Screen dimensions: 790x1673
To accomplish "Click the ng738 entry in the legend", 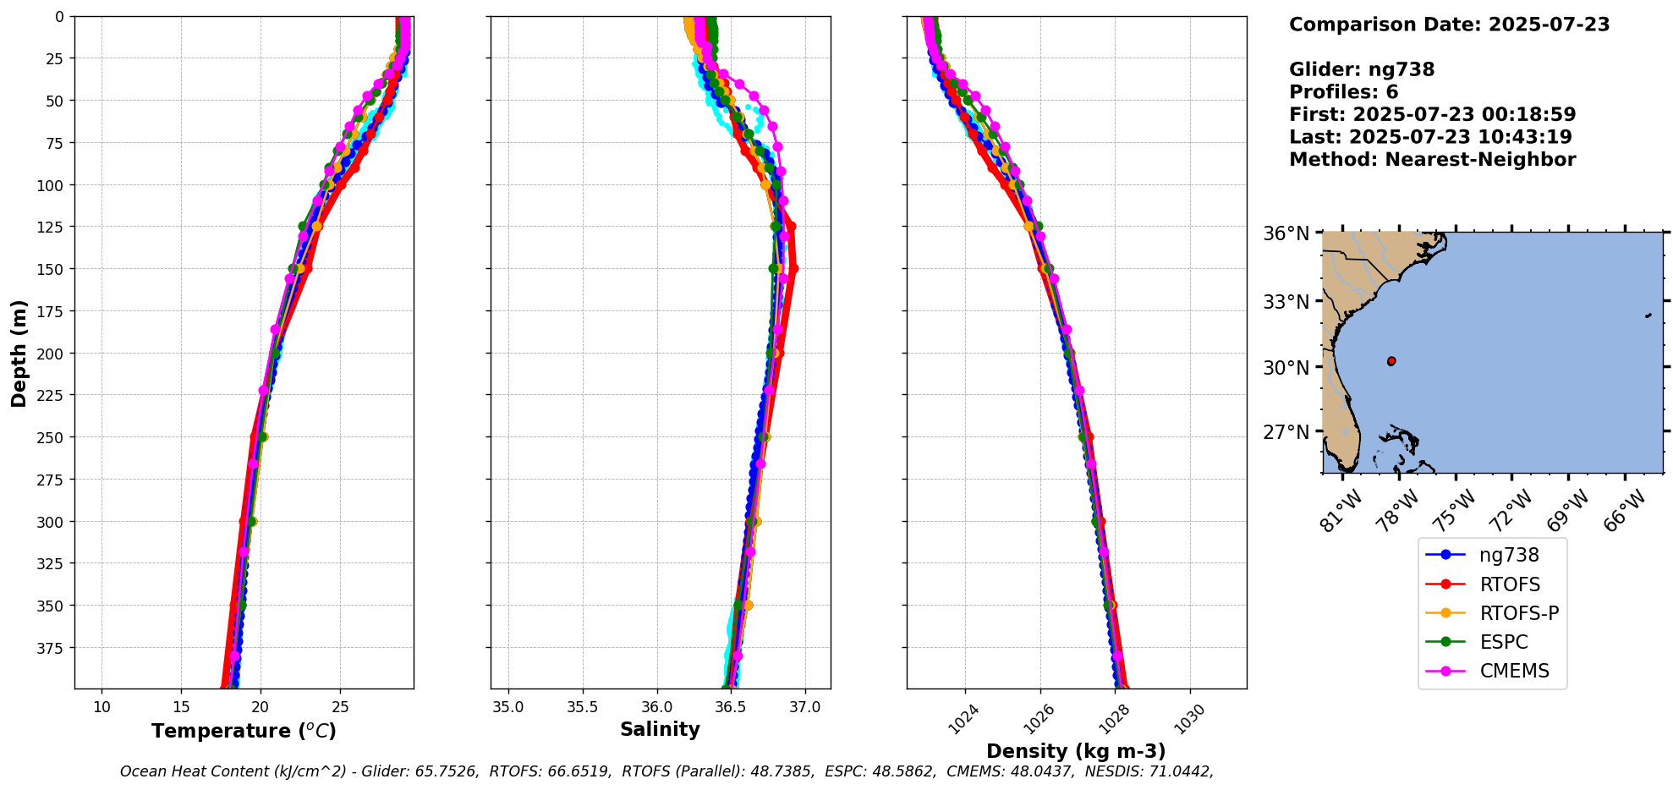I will tap(1508, 555).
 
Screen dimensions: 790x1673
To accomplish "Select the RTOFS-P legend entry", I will tap(1518, 613).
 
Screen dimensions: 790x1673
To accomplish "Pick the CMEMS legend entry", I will tap(1514, 671).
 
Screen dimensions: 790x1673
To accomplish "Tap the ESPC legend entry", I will tap(1503, 642).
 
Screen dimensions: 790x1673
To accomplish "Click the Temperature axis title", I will tap(244, 731).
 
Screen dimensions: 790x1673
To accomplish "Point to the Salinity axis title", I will tap(660, 729).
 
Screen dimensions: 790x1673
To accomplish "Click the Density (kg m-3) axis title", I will tap(1076, 751).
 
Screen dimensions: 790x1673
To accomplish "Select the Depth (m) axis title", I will tap(19, 353).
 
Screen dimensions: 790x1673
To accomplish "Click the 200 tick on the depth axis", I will tap(52, 354).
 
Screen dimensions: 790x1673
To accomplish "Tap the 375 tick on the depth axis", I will tap(52, 648).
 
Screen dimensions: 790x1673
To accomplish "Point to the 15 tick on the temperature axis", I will tap(181, 707).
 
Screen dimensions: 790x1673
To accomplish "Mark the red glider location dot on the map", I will tap(1391, 361).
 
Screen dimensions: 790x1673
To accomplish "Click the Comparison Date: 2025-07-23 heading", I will tap(1449, 25).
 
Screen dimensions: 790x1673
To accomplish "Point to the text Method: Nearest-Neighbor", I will tap(1432, 160).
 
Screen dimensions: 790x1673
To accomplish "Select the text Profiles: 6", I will tap(1343, 92).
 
